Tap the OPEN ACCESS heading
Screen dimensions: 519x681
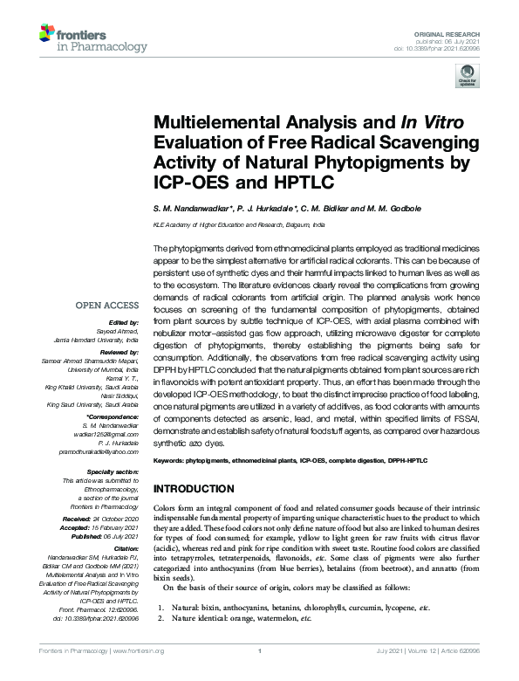pyautogui.click(x=106, y=306)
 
